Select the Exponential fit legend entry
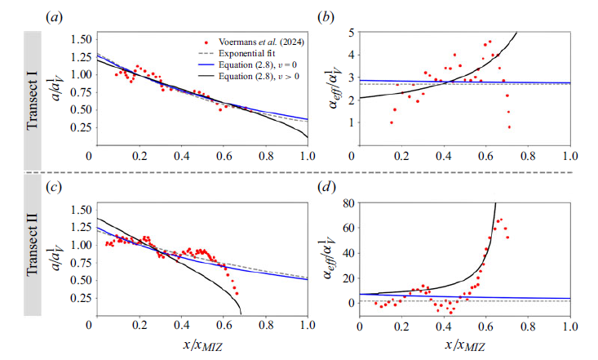[241, 52]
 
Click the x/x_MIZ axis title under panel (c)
[198, 345]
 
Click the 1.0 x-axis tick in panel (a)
[308, 155]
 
